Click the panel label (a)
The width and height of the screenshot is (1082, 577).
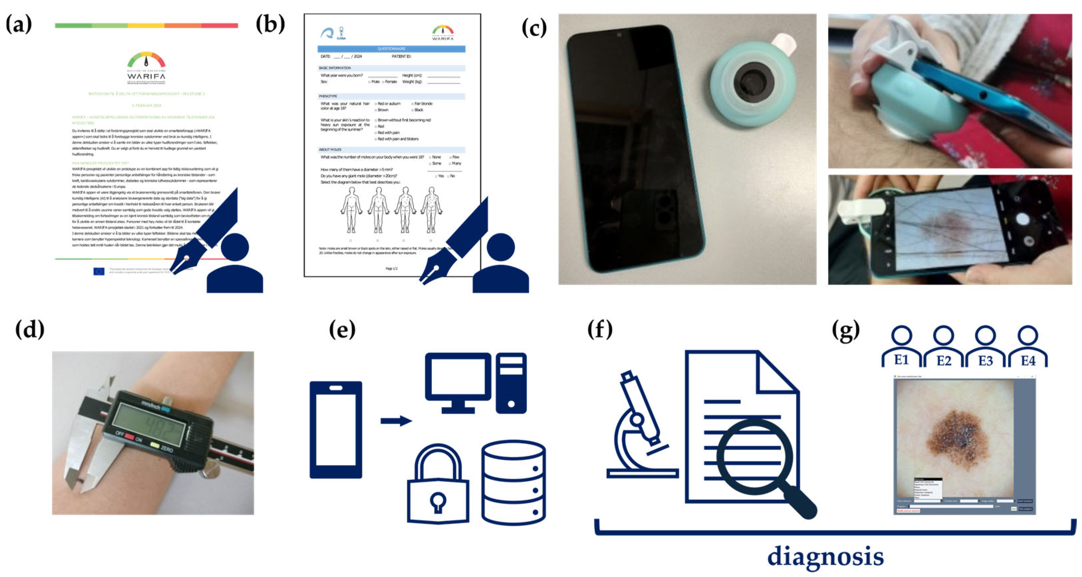pyautogui.click(x=19, y=24)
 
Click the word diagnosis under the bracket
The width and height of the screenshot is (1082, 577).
pyautogui.click(x=825, y=556)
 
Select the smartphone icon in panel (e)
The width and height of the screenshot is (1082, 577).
pyautogui.click(x=336, y=429)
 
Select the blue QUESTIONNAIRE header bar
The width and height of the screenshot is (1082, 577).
pyautogui.click(x=391, y=49)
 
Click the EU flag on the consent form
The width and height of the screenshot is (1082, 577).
pyautogui.click(x=99, y=271)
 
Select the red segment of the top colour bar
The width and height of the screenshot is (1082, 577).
pyautogui.click(x=219, y=26)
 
